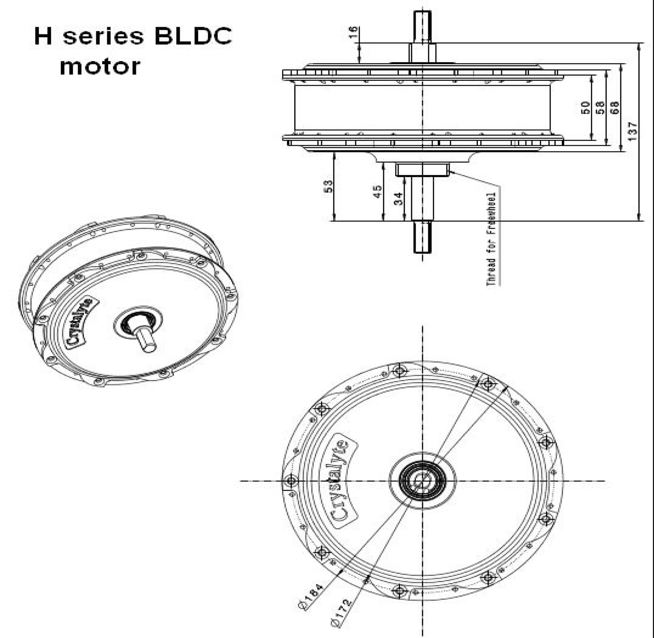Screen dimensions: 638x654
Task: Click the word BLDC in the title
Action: click(193, 36)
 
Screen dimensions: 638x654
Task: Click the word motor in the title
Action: click(100, 66)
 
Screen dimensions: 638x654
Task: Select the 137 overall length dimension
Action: click(633, 132)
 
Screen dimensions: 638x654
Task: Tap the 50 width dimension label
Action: click(585, 108)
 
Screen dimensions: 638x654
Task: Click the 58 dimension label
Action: click(600, 108)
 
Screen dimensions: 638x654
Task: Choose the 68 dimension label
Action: click(614, 108)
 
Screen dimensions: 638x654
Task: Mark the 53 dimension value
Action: click(328, 186)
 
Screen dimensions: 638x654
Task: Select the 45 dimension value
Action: click(377, 191)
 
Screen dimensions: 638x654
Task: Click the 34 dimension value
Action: click(398, 198)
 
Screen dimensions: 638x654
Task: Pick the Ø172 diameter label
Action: click(342, 613)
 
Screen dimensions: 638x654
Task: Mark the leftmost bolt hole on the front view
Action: click(291, 480)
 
